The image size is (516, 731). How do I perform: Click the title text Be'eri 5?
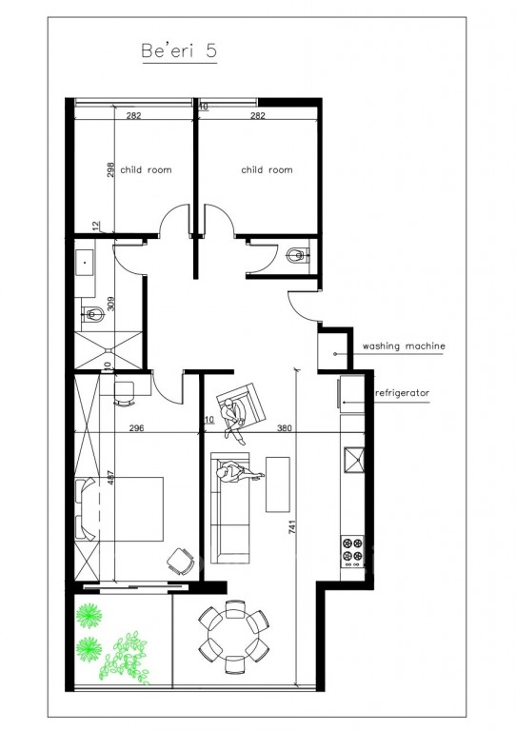click(178, 52)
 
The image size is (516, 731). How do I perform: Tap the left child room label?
click(146, 169)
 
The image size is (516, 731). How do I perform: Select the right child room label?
click(267, 169)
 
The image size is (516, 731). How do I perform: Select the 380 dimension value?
click(283, 429)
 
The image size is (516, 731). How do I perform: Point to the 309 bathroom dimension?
click(111, 305)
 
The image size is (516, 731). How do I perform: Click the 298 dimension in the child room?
click(111, 169)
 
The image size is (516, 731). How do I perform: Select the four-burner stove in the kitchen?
click(353, 549)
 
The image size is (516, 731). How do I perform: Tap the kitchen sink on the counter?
click(353, 462)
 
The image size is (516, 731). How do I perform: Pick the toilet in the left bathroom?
click(93, 313)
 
